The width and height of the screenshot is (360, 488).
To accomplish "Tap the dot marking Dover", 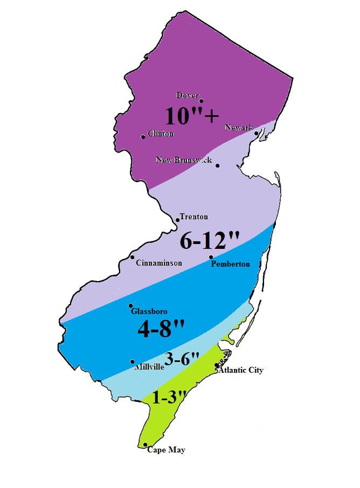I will coord(201,101).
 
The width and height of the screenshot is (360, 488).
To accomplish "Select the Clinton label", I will coord(160,134).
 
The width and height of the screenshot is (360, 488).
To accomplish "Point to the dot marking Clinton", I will coord(143,137).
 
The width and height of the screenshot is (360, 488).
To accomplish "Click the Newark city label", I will coord(238,128).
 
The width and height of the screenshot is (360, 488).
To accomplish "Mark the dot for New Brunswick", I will coord(217,165).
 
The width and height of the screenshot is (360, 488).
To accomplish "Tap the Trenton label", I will coord(194,217).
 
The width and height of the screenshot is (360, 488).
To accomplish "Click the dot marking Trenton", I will coord(178,220).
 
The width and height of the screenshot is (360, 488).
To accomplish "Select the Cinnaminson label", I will coord(159,263).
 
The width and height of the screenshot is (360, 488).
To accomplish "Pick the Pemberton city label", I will coord(231,264).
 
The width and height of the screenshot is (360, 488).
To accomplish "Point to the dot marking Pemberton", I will coord(211,257).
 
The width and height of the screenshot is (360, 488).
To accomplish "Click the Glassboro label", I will coord(149,311).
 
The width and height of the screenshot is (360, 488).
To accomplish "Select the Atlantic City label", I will coord(241,370).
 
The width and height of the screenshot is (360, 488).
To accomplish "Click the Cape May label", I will coord(166,450).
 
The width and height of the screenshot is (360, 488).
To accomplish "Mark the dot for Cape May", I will coord(146,444).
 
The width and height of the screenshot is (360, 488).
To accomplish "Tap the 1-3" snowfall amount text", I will coord(169,398).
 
